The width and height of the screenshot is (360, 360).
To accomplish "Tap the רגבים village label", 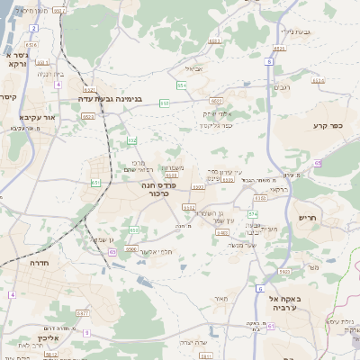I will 281,86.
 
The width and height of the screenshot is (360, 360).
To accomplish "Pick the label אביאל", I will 195,67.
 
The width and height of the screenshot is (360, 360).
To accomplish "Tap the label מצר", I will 313,267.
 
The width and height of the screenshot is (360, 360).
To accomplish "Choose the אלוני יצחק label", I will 218,113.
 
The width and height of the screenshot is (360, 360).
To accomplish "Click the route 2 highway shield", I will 33,29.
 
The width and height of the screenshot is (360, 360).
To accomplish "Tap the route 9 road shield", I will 87,332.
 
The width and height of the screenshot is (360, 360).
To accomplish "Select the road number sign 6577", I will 84,312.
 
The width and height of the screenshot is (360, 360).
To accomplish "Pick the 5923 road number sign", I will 283,271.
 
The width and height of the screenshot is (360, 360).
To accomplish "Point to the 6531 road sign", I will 89,90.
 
